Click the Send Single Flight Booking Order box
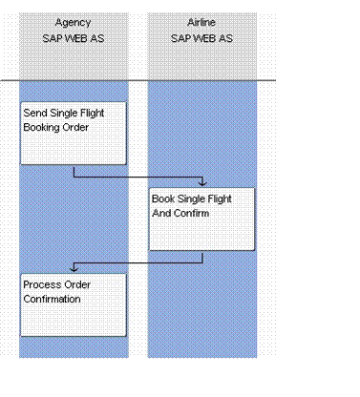[x=74, y=134]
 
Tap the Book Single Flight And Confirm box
[x=201, y=219]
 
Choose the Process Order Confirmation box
[x=74, y=304]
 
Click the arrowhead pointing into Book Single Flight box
[x=201, y=183]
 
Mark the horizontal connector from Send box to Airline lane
[x=138, y=177]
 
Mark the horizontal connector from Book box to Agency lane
[x=138, y=262]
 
